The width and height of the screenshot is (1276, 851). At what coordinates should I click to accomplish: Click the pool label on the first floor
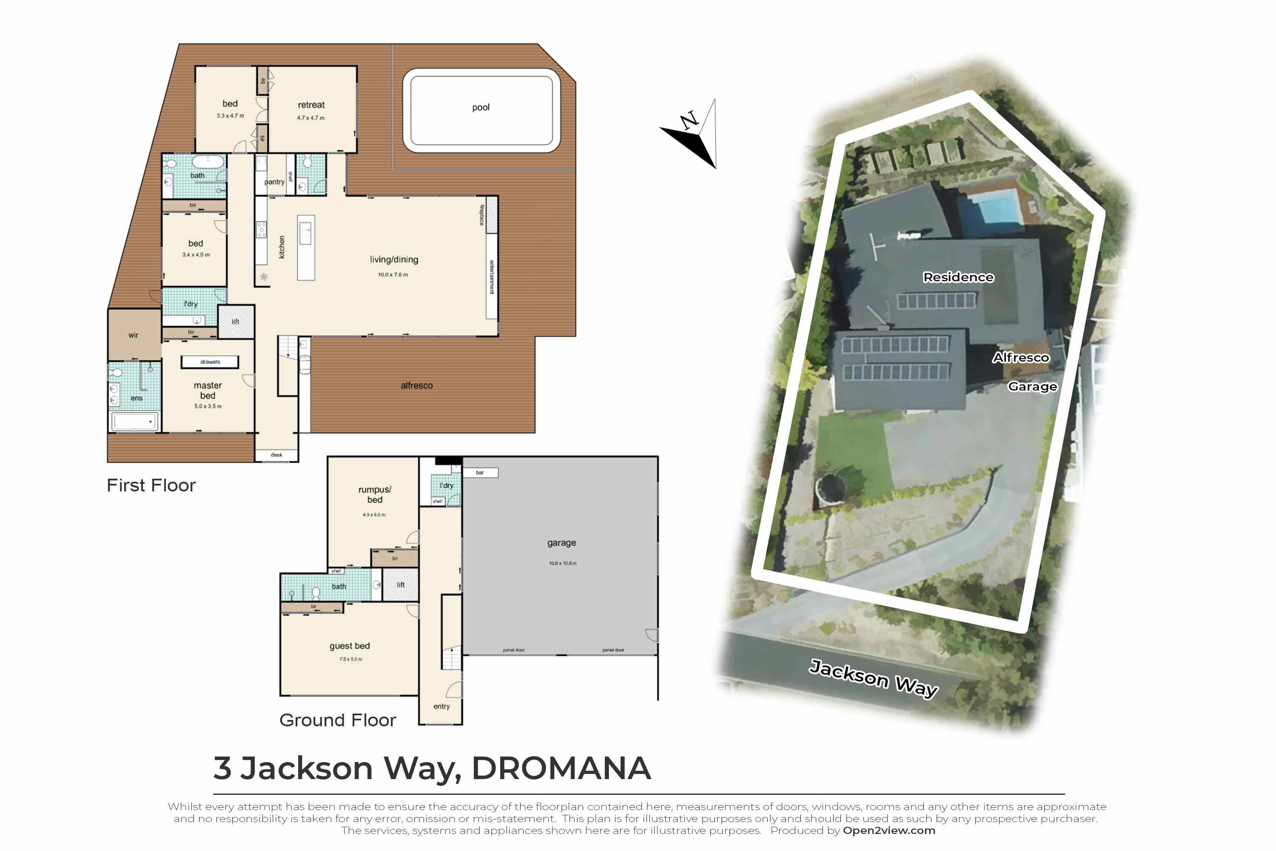point(481,108)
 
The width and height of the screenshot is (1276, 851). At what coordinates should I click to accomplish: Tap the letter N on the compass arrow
point(689,120)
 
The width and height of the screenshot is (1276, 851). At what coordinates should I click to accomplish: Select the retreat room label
point(311,105)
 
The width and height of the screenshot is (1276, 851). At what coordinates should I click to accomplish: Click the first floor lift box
point(236,322)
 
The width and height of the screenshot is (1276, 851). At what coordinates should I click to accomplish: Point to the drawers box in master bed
point(210,362)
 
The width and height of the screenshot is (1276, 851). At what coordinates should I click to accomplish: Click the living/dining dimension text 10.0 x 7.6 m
point(393,274)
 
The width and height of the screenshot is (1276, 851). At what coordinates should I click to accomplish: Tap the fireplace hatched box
point(492,214)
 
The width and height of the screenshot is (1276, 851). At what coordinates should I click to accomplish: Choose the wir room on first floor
point(134,335)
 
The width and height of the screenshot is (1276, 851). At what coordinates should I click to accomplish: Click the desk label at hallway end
point(276,455)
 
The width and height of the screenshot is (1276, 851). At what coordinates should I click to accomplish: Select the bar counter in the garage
point(480,473)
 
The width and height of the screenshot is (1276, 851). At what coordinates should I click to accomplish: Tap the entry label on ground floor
point(441,706)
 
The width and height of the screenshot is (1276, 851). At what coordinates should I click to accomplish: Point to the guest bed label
point(349,646)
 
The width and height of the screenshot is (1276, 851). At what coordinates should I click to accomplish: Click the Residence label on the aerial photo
point(958,277)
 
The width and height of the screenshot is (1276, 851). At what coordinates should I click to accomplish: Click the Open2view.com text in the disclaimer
point(889,831)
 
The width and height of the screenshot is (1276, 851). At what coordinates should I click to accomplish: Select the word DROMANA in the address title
point(561,768)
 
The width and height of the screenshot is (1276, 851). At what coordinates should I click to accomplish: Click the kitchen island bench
point(306,248)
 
